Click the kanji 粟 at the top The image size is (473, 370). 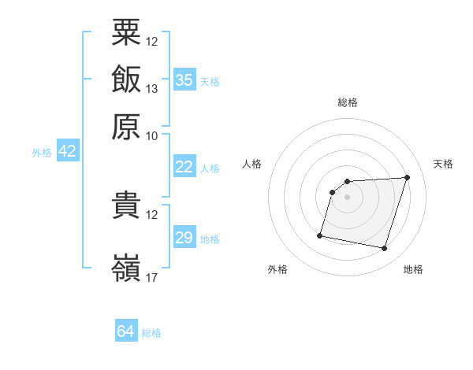pos(126,32)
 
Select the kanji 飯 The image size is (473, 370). pos(126,79)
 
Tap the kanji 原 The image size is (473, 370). pos(126,127)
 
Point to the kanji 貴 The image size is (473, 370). pos(126,205)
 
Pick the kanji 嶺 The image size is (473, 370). pos(126,268)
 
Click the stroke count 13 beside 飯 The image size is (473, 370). pos(151,89)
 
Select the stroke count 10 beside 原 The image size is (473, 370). pos(151,136)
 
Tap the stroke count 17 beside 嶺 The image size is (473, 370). pos(151,277)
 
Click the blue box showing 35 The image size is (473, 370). pos(184,80)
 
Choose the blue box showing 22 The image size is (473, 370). pos(184,166)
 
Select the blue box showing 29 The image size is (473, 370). pos(184,236)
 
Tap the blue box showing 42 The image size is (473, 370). pos(68,150)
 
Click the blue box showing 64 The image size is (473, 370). pos(126,330)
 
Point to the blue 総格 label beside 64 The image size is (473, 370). pos(151,333)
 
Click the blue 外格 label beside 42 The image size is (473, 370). pos(42,153)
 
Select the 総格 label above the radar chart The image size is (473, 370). pos(348,102)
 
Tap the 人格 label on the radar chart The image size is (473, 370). pos(251,164)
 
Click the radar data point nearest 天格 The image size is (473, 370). pos(407,177)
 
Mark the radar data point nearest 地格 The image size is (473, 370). pos(384,249)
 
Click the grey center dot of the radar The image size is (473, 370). pos(347,197)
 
